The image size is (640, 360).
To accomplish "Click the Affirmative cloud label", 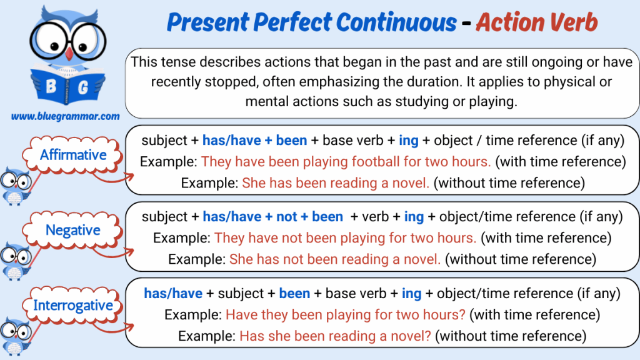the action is (72, 155).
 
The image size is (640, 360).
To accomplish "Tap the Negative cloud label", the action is (72, 230).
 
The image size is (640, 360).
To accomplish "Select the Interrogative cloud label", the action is (72, 305).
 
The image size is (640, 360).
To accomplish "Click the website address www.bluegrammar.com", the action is (65, 116).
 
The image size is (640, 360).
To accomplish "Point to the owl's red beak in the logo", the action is (69, 54).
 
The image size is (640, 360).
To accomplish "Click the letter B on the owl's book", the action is (51, 86).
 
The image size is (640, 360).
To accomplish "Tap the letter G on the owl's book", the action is (83, 87).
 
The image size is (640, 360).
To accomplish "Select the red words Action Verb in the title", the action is (536, 22).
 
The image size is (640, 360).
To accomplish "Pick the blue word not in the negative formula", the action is (286, 217).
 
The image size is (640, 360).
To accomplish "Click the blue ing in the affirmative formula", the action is (409, 141).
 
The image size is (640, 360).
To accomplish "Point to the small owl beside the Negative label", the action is (16, 261).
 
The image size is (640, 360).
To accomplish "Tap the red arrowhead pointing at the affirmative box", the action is (131, 176).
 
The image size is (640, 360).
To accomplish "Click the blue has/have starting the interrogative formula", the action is (173, 294).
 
